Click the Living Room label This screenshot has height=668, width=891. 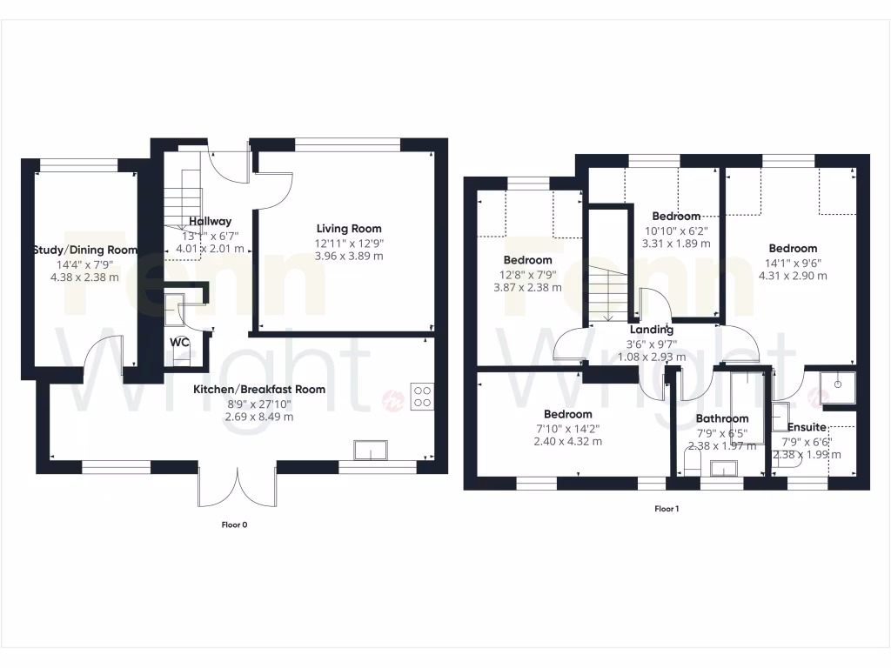coord(348,228)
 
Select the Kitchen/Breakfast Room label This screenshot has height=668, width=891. coord(259,389)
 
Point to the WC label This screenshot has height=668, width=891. coord(179,342)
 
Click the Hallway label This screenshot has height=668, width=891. coord(210,221)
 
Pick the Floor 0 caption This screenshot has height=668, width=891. coord(235,524)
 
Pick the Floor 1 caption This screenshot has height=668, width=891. coord(666,509)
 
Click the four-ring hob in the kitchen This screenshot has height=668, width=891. coord(422,396)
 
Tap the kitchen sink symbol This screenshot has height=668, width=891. coord(371,451)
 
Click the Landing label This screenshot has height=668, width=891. coord(652,330)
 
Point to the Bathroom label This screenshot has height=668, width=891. coord(721,418)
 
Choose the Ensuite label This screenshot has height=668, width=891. coord(807,427)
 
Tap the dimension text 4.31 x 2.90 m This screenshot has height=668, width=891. coord(793,276)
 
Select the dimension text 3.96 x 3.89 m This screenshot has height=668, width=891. coord(348,256)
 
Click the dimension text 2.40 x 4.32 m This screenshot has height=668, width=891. coord(567,441)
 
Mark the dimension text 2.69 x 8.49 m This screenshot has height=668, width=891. coord(259,416)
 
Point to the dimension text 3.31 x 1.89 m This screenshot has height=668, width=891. coord(675,244)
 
